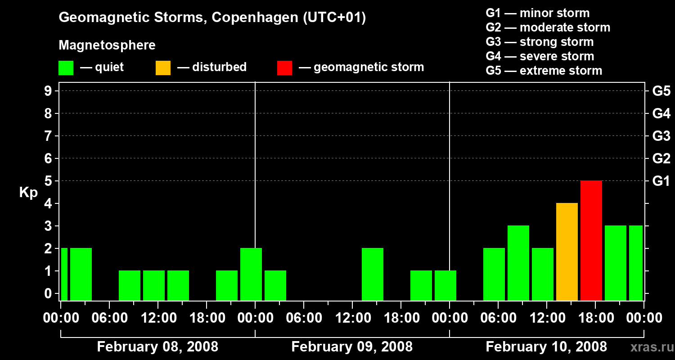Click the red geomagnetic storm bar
(x=591, y=240)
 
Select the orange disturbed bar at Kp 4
(x=567, y=252)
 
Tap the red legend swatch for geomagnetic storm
(x=284, y=67)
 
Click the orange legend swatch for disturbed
(x=163, y=67)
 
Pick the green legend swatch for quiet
(x=66, y=67)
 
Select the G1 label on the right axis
(x=661, y=181)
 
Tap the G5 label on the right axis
(x=661, y=91)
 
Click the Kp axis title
(x=28, y=193)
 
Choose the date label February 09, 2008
(x=352, y=347)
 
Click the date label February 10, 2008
(x=546, y=347)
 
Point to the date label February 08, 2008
(x=157, y=347)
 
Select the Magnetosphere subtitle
(x=107, y=45)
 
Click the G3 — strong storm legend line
(x=540, y=42)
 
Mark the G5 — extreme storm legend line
(x=544, y=71)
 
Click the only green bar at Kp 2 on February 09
(x=373, y=274)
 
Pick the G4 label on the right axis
(x=661, y=114)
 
